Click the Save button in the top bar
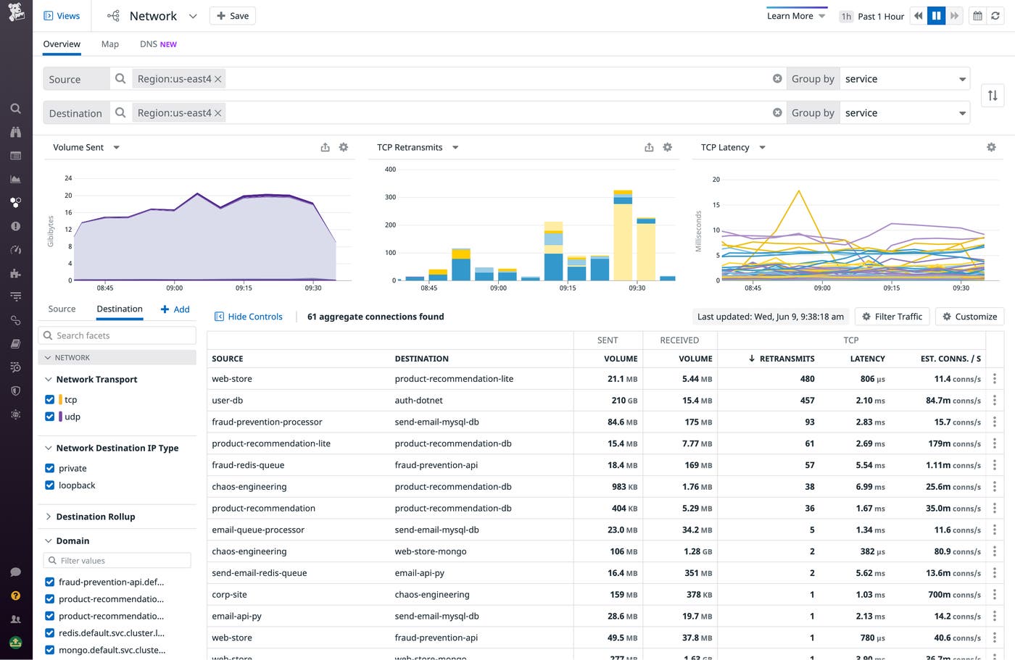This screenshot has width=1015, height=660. click(x=232, y=16)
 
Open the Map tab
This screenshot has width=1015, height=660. click(x=110, y=44)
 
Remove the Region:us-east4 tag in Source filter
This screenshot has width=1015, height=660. click(x=217, y=79)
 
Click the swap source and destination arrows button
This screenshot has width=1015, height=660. click(x=993, y=96)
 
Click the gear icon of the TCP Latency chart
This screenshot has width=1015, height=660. click(x=991, y=147)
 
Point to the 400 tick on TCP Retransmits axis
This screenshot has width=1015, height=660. click(x=390, y=170)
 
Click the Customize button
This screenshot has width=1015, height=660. click(x=969, y=317)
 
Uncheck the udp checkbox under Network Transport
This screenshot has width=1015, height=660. click(x=49, y=417)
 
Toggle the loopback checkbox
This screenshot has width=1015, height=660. click(x=49, y=485)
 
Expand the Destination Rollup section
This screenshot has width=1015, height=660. click(x=95, y=517)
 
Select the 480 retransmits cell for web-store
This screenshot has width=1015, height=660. click(x=807, y=379)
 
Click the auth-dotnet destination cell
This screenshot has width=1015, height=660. click(x=418, y=401)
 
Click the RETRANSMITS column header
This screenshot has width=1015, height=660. click(x=786, y=359)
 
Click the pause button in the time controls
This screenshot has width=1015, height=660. click(x=936, y=16)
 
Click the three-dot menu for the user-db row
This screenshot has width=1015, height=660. click(x=994, y=401)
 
